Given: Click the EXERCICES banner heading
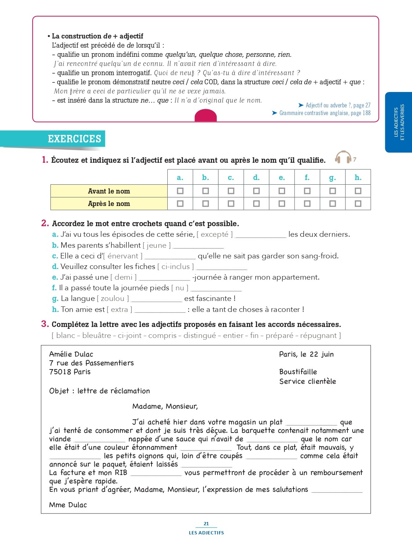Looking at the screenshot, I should [74, 139].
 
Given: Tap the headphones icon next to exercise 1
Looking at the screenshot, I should [343, 157].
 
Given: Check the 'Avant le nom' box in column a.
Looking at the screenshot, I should [180, 191].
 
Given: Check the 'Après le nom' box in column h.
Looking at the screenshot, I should [358, 203].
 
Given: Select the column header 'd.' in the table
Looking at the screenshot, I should [256, 177].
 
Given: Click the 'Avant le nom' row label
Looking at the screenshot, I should [109, 191].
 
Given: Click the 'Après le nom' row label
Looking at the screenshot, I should [109, 203].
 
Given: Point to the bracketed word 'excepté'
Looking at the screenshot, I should [215, 234].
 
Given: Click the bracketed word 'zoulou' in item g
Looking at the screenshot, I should [113, 298].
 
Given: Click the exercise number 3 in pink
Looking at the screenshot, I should [45, 324].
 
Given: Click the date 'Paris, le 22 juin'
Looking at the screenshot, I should [306, 354].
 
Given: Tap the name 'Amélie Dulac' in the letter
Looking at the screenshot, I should [71, 354].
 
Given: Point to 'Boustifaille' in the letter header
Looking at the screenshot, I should [298, 372].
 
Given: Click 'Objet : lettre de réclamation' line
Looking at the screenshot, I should [99, 391].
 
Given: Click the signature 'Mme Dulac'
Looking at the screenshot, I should [68, 505].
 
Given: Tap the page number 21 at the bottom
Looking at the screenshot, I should [206, 524].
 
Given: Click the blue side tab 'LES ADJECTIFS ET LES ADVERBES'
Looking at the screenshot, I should [399, 122].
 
